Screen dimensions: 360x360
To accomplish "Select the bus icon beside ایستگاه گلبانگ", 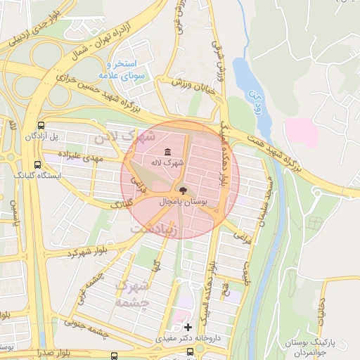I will [37, 164].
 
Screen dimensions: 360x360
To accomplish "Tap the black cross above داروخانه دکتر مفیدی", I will [188, 327].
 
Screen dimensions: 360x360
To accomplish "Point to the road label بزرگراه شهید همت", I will [299, 150].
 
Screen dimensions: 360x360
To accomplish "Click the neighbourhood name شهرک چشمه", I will [134, 295].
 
